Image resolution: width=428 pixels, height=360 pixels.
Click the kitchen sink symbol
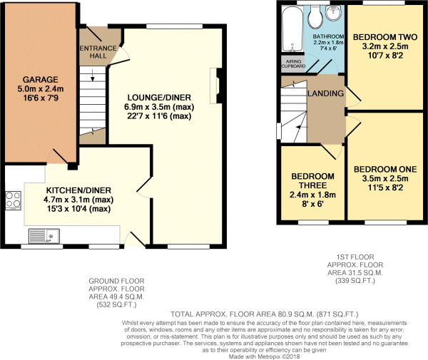coord(43,235)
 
